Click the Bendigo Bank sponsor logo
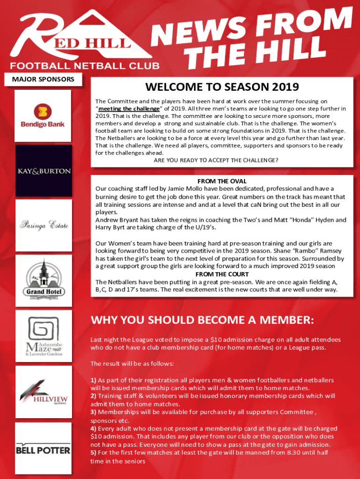pos(43,116)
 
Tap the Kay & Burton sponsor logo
pos(44,171)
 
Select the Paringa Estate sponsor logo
pos(44,225)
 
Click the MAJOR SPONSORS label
pos(46,79)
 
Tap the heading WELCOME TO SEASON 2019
pos(222,87)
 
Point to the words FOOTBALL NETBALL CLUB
pos(85,66)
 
